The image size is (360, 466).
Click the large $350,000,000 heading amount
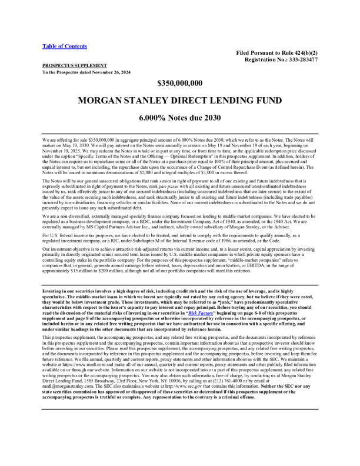tap(179, 83)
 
